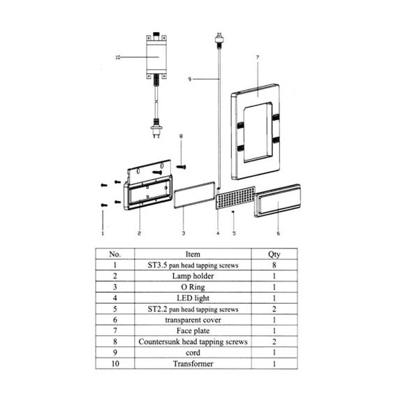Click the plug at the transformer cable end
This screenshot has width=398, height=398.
(x=156, y=128)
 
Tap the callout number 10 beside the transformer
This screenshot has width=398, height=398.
(x=118, y=58)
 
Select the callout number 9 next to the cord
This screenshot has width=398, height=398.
(x=190, y=80)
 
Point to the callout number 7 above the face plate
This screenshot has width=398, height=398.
(x=258, y=58)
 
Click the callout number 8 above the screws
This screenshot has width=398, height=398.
(x=181, y=136)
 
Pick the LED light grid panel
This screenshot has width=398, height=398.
(x=235, y=198)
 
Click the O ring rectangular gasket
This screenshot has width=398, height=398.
(x=194, y=195)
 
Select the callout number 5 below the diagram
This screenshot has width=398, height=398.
(x=234, y=233)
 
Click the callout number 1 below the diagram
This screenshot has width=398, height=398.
(x=103, y=233)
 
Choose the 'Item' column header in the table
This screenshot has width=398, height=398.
(x=193, y=254)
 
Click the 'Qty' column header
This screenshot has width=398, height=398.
(x=274, y=254)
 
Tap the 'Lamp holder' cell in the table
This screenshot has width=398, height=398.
(x=193, y=277)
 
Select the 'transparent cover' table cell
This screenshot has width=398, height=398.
(x=193, y=320)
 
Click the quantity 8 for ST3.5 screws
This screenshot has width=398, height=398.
(x=274, y=265)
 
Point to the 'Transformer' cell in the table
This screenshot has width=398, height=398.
(x=193, y=364)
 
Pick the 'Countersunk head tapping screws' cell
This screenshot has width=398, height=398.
(x=193, y=341)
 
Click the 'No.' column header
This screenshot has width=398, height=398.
(x=115, y=254)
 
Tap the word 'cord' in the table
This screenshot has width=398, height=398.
(x=193, y=353)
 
